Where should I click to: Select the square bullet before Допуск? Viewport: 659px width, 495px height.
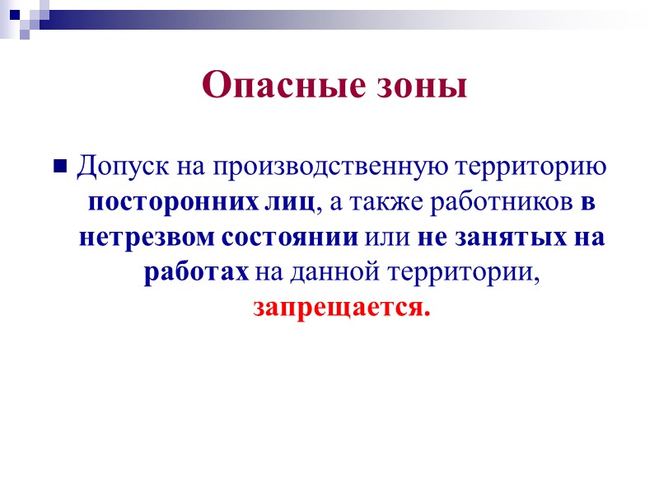point(59,167)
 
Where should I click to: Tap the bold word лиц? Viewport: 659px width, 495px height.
point(295,202)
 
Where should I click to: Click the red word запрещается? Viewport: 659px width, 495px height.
point(341,309)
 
